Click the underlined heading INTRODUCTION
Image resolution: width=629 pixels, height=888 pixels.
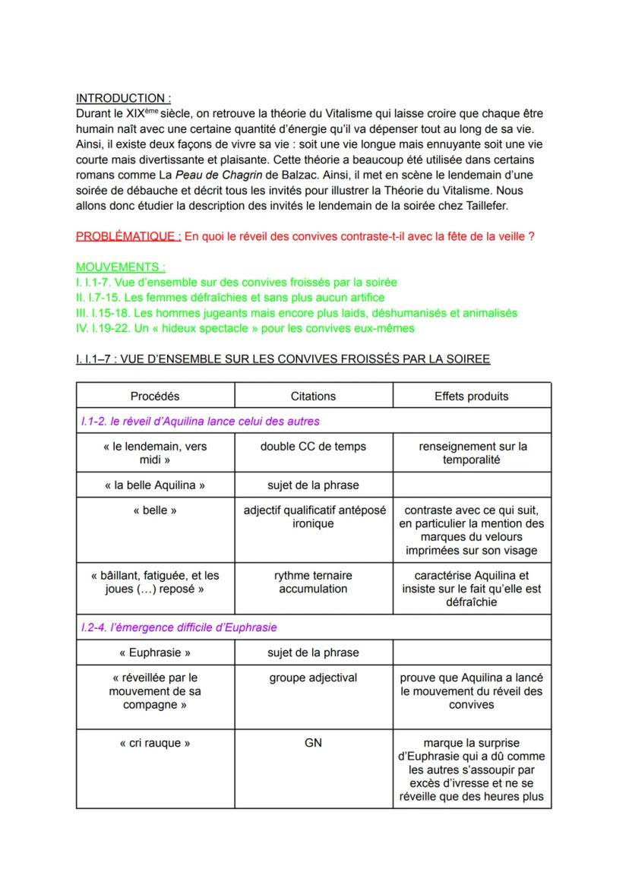coord(123,98)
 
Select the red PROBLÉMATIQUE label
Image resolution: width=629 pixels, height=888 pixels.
coord(128,236)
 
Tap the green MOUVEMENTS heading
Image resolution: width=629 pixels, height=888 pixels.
coord(121,267)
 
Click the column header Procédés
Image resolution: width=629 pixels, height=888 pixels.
coord(155,396)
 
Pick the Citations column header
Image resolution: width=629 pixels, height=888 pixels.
coord(313,396)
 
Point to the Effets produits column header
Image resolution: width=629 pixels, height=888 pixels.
coord(471,396)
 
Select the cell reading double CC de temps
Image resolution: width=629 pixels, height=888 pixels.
coord(313,446)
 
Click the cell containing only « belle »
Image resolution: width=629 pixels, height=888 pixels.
coord(155,510)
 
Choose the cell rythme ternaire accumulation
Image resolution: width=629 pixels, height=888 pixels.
coord(313,582)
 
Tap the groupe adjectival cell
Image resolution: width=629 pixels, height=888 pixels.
coord(313,678)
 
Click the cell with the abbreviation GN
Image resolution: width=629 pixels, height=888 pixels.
coord(313,743)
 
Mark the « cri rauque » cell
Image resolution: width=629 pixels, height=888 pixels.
coord(155,743)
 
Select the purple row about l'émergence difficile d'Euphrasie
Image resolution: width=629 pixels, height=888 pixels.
coord(179,627)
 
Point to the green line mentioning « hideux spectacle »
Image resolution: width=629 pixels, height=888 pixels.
coord(245,327)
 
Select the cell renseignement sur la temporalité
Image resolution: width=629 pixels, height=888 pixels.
coord(471,453)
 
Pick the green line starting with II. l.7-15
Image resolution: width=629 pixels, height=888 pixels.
coord(230,297)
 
